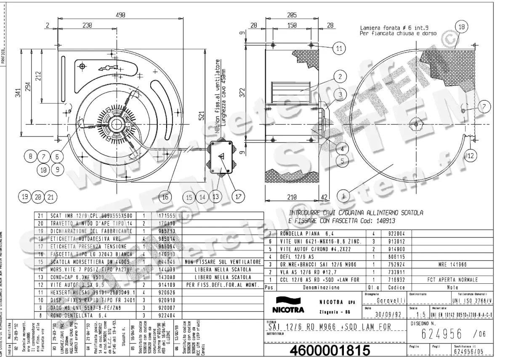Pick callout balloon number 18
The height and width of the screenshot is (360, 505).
462,27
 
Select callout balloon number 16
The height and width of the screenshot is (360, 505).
167,196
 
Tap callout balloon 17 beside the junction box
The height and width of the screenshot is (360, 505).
239,196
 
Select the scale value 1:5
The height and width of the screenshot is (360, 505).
418,314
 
